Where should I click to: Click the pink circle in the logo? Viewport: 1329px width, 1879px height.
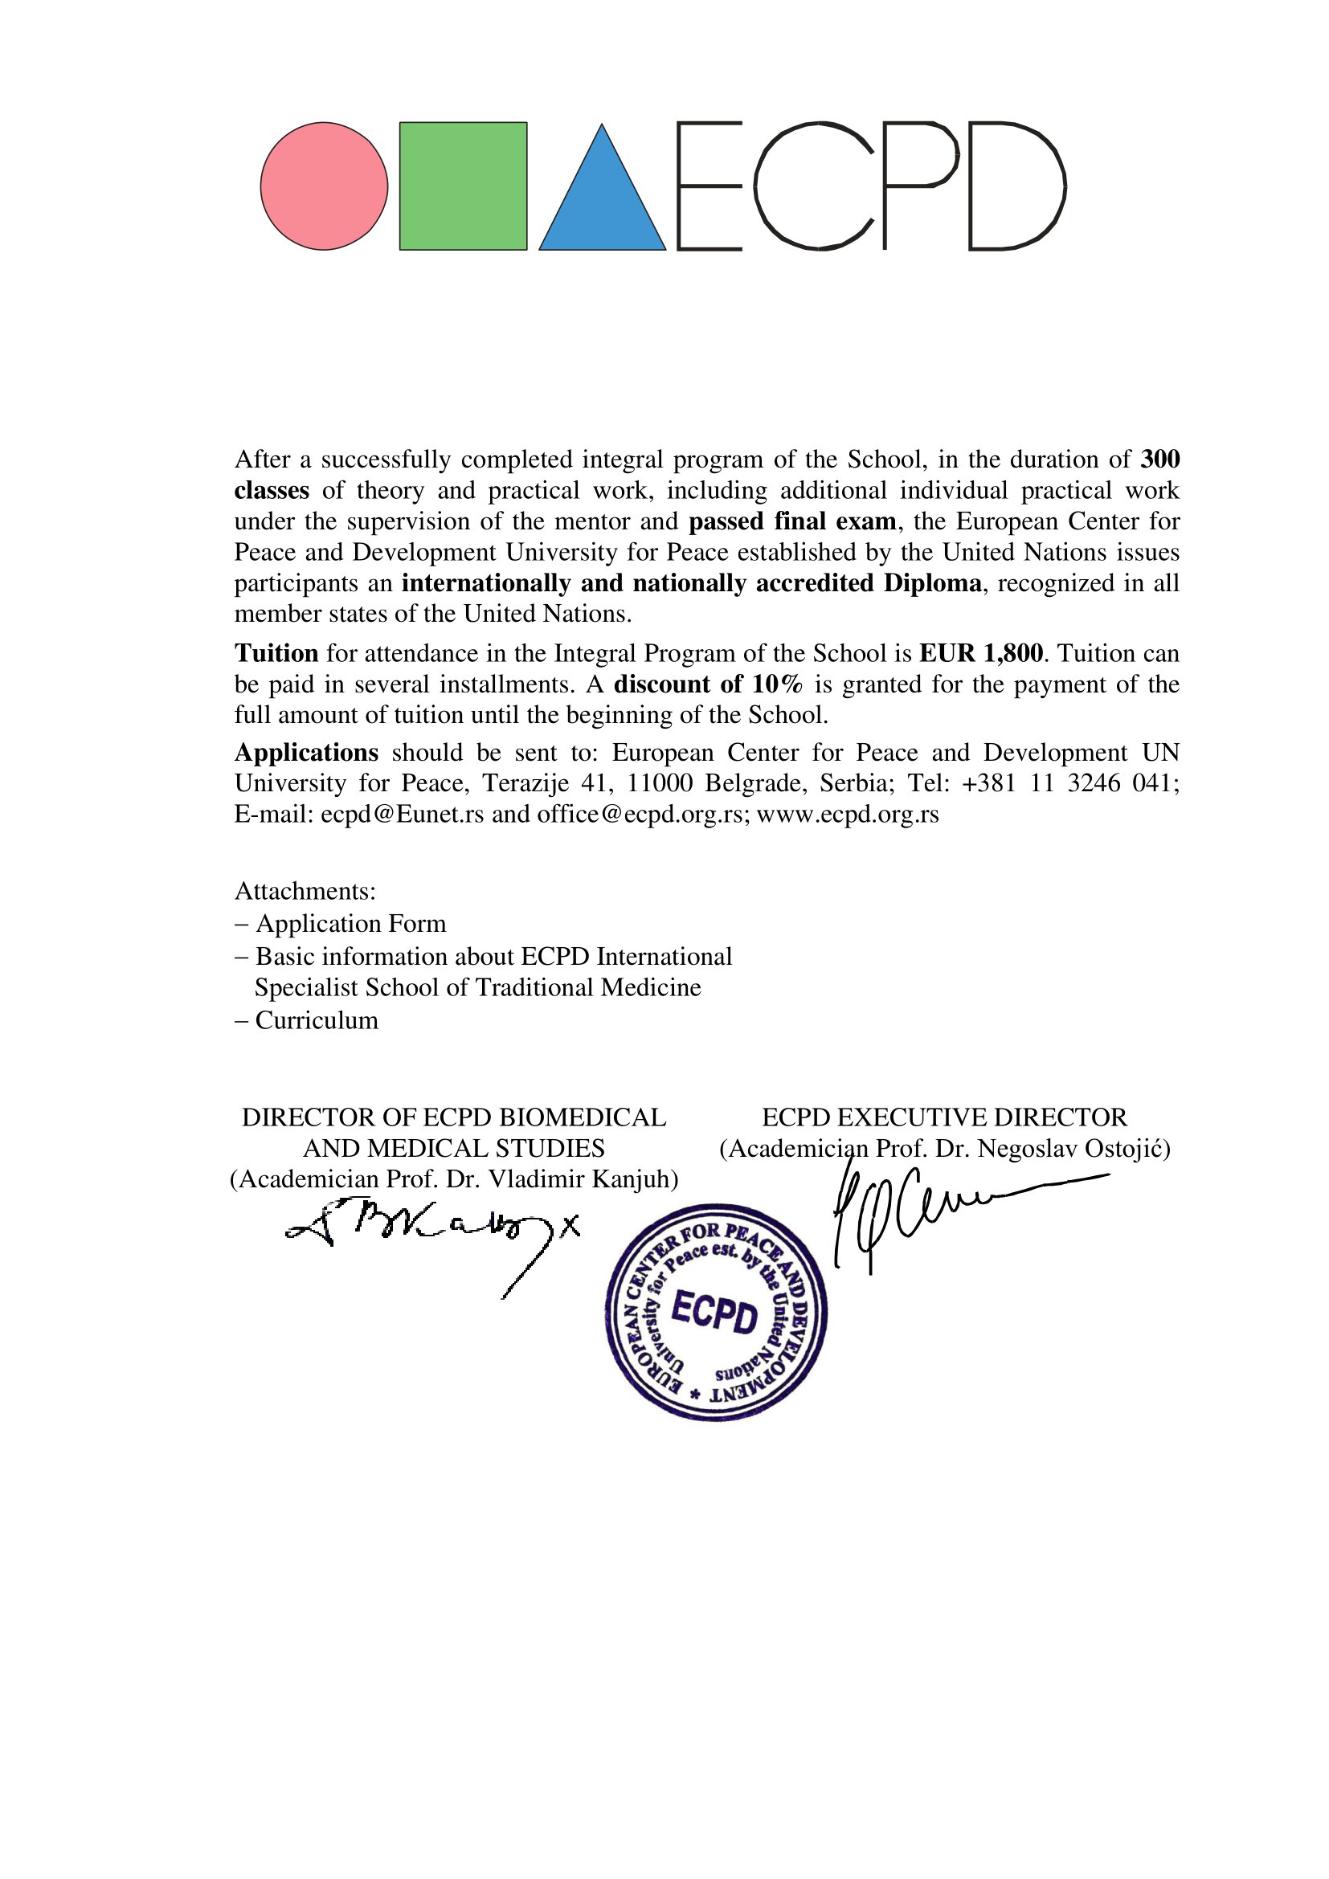point(324,186)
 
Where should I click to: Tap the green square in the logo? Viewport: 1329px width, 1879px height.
point(463,186)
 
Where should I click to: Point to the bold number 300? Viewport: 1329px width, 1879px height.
point(1159,460)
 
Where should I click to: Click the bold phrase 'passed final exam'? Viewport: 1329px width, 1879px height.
point(792,521)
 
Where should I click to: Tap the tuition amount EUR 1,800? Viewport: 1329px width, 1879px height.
point(981,653)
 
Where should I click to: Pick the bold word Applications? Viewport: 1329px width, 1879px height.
point(306,752)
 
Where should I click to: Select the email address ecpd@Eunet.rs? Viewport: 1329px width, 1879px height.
point(402,815)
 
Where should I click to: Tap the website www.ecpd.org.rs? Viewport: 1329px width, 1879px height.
point(847,815)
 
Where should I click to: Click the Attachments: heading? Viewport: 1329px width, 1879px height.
point(305,890)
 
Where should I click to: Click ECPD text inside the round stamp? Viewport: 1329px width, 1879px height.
point(714,1313)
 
